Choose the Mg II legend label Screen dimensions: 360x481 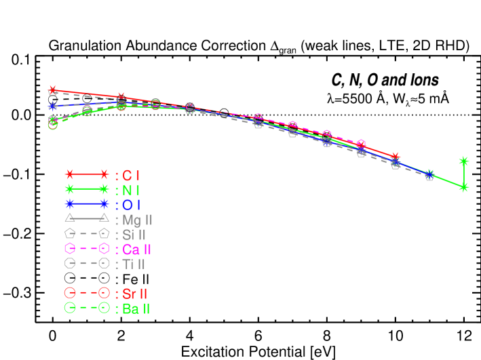pyautogui.click(x=137, y=220)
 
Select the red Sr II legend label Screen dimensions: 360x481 pyautogui.click(x=135, y=294)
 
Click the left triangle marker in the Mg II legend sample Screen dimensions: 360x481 pyautogui.click(x=69, y=218)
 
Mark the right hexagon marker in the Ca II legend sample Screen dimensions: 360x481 pyautogui.click(x=104, y=249)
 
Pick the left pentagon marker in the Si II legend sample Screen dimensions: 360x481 pyautogui.click(x=69, y=233)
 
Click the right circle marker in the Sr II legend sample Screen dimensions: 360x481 pyautogui.click(x=104, y=293)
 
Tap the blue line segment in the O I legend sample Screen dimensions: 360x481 pyautogui.click(x=87, y=203)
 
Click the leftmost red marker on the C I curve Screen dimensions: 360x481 pyautogui.click(x=53, y=90)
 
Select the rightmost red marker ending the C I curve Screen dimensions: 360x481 pyautogui.click(x=396, y=157)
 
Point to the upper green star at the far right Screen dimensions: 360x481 pyautogui.click(x=464, y=161)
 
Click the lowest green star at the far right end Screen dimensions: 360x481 pyautogui.click(x=464, y=187)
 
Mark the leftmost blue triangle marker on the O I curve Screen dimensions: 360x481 pyautogui.click(x=53, y=106)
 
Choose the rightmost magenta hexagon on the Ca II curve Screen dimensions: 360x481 pyautogui.click(x=361, y=144)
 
